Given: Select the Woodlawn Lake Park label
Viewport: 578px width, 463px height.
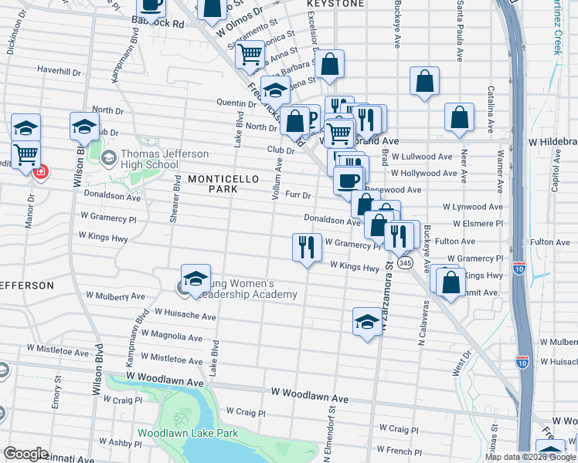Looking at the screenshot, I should tap(188, 434).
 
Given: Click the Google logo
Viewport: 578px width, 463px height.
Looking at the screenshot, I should tap(25, 454).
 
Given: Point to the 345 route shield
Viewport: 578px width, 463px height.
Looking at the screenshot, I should tap(406, 263).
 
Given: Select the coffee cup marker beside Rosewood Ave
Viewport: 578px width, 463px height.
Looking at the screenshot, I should tap(348, 181).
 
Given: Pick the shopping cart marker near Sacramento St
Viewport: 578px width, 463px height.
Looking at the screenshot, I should tap(250, 53).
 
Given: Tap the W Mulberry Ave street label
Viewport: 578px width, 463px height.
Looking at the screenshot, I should tap(115, 296).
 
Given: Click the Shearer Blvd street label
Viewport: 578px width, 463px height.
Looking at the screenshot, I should tap(176, 198).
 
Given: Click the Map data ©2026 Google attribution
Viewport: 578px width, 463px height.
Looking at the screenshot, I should tap(530, 457).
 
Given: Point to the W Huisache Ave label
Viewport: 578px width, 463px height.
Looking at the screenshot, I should tap(185, 315).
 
